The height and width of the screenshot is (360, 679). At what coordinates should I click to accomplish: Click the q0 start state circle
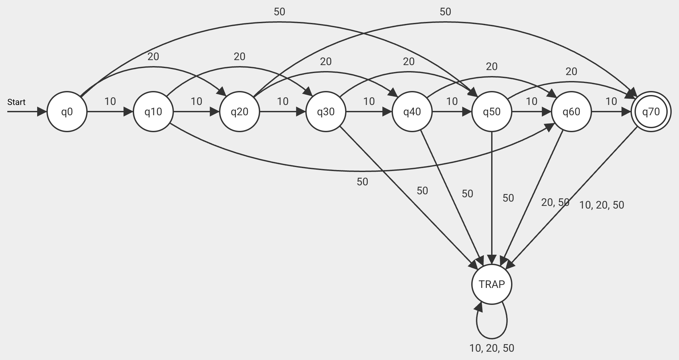67,112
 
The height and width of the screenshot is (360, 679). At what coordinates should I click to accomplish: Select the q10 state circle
153,112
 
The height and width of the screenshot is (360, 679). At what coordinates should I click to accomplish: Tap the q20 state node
239,112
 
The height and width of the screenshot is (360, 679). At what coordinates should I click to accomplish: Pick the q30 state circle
326,112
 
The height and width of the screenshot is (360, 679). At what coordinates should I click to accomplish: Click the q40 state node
412,112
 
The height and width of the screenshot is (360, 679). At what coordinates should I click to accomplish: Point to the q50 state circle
491,112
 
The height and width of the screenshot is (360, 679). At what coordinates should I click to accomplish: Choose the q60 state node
571,112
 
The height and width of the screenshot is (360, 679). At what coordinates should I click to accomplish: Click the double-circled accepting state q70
651,112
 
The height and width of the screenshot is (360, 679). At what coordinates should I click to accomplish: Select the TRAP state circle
491,284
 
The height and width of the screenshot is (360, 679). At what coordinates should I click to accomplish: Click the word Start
16,102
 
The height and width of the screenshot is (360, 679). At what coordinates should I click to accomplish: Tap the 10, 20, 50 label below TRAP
491,348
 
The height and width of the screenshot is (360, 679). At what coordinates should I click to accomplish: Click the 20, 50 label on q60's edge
555,202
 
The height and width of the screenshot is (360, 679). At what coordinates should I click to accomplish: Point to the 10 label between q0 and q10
110,101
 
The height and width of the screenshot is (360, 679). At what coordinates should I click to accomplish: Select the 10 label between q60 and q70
611,101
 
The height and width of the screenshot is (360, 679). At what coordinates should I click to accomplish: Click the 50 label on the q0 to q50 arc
279,12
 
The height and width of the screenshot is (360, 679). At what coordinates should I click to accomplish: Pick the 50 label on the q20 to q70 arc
445,12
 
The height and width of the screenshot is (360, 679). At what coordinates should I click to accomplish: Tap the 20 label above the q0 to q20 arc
153,57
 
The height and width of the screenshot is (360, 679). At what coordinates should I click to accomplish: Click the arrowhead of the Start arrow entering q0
42,112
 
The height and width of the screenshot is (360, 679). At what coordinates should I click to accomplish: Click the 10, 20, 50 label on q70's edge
601,205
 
